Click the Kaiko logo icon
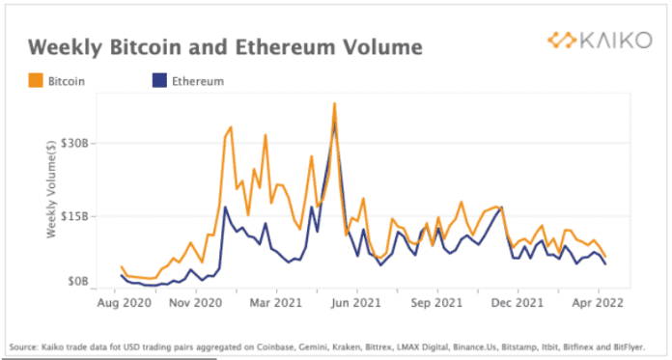coord(562,41)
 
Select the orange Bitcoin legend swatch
coord(36,82)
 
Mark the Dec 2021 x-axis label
coord(518,302)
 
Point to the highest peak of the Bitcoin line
coord(334,103)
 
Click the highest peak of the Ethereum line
coord(334,123)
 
